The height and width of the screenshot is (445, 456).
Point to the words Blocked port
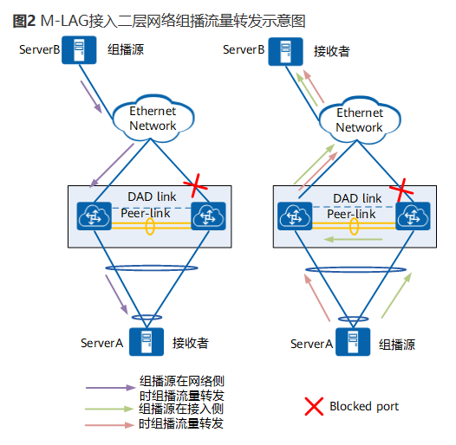tap(364, 406)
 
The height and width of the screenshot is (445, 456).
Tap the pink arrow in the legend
tap(110, 424)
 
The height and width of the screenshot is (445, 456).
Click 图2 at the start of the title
tap(23, 20)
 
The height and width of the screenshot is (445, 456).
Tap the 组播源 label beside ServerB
tap(125, 50)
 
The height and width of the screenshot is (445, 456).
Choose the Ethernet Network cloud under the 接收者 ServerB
tap(359, 119)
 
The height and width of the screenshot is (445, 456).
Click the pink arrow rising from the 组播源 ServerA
tap(317, 295)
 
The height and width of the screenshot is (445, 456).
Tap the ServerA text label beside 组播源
tap(311, 344)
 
